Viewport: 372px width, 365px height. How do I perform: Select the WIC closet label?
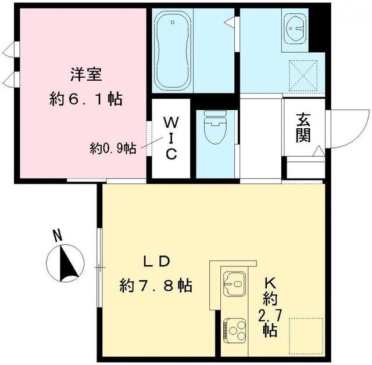point(171,138)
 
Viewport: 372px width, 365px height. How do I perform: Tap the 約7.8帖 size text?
point(156,285)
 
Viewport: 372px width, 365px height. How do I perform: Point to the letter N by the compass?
point(57,236)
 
